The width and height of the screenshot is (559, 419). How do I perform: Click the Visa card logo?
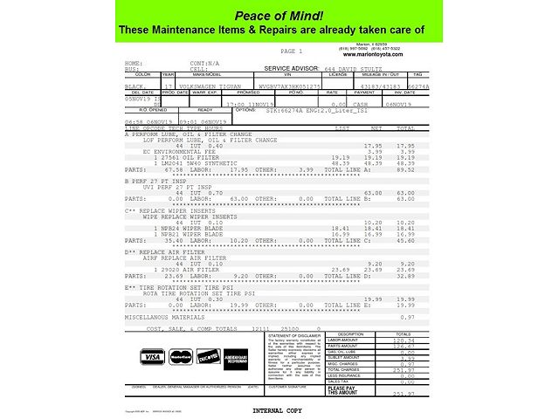click(152, 356)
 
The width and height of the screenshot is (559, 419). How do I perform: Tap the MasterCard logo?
click(181, 356)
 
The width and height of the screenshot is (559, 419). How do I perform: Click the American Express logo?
click(238, 356)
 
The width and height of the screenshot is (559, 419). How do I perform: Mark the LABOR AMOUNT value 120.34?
click(403, 340)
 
